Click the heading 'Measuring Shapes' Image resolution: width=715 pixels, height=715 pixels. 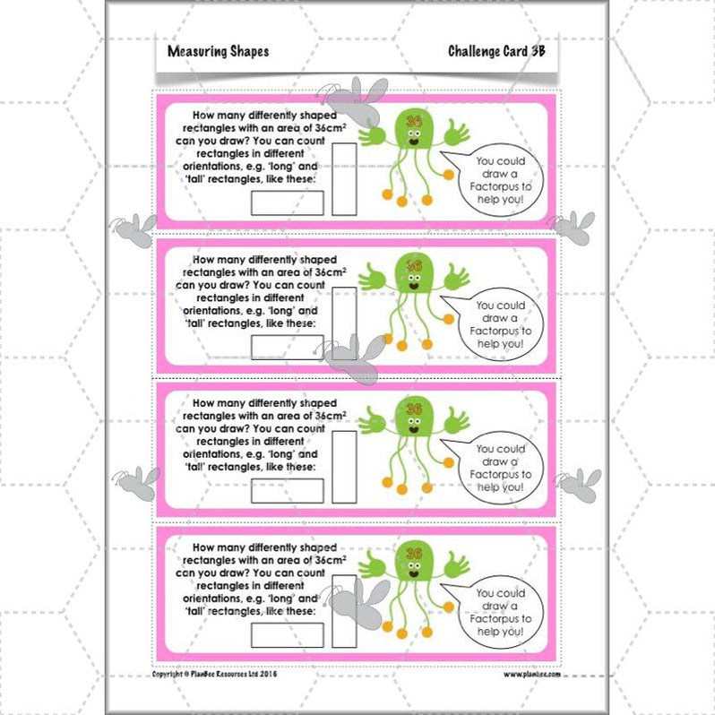pos(218,51)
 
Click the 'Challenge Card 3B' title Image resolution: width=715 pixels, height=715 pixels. pos(496,51)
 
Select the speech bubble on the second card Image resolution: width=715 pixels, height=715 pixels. pos(503,324)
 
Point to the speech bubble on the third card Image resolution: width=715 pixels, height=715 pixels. pos(503,468)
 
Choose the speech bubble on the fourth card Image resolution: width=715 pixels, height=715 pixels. pos(503,612)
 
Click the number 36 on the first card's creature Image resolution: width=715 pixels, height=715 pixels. pos(413,120)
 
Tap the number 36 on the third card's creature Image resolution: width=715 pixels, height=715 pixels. pos(413,408)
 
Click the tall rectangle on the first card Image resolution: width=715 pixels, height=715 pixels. pos(344,180)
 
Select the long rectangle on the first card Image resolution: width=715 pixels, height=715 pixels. pos(275,202)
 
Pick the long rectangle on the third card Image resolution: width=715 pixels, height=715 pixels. pos(275,490)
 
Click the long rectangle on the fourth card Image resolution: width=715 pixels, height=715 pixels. pos(275,634)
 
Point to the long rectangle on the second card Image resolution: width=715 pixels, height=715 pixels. pos(275,347)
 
